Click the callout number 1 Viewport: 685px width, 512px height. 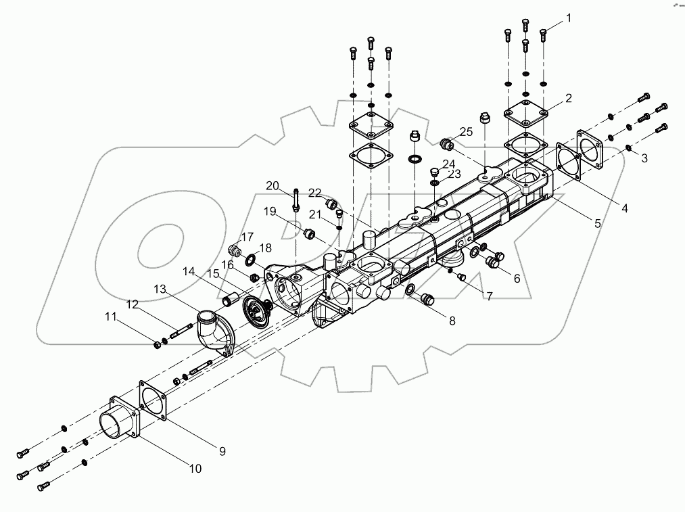[569, 18]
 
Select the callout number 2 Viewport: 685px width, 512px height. [569, 98]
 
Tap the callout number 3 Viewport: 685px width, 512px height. [644, 158]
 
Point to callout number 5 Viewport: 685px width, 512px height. [598, 223]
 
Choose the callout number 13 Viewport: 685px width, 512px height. [160, 289]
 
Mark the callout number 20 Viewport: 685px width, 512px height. [272, 186]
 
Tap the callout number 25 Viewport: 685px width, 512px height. [467, 131]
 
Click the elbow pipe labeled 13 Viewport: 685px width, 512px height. [213, 329]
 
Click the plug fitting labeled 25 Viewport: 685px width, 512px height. [447, 144]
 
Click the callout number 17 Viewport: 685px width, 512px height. [247, 237]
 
